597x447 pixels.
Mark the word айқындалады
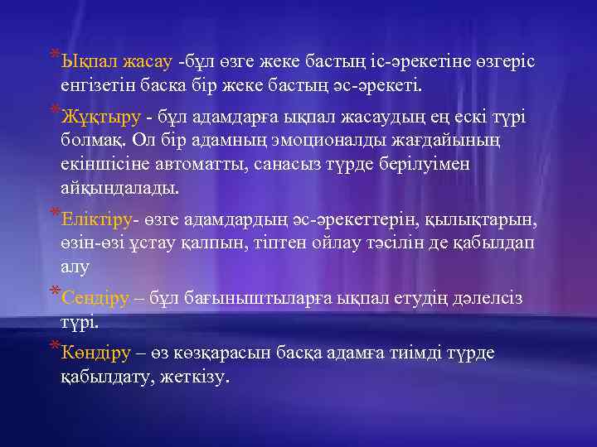point(119,187)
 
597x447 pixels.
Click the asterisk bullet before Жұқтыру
point(54,109)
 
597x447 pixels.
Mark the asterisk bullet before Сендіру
point(54,293)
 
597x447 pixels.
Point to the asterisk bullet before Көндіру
point(54,348)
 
